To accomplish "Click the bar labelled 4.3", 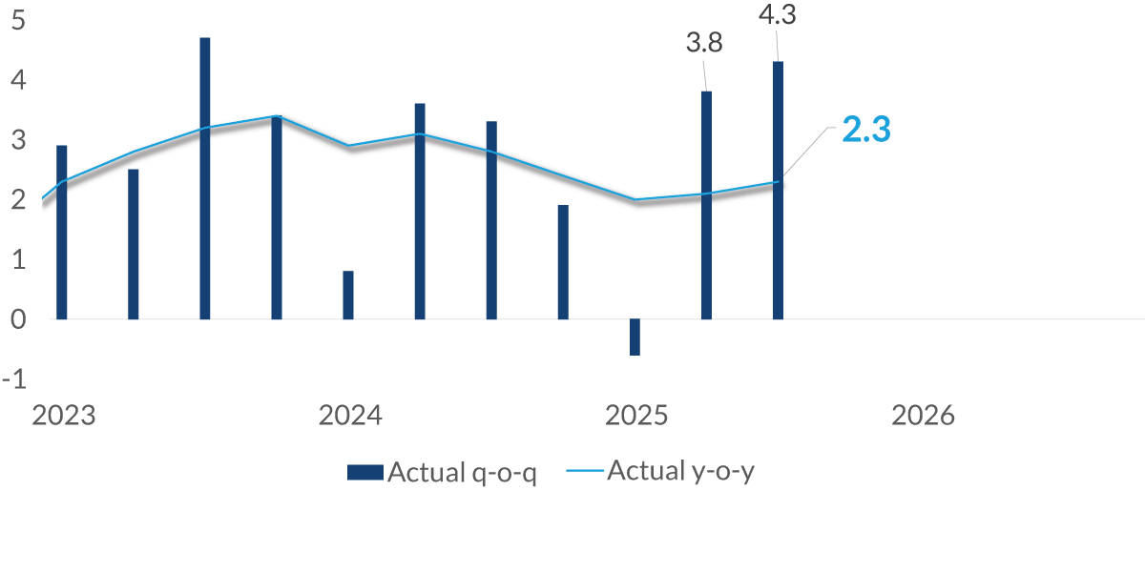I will pyautogui.click(x=778, y=191).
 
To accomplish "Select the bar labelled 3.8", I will pyautogui.click(x=706, y=205).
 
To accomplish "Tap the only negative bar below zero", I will pyautogui.click(x=635, y=337).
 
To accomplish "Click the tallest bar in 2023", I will pyautogui.click(x=205, y=178).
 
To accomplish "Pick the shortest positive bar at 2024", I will pyautogui.click(x=348, y=295).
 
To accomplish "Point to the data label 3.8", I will pyautogui.click(x=704, y=43).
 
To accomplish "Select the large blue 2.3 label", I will pyautogui.click(x=865, y=131).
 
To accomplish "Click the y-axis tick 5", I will pyautogui.click(x=17, y=20).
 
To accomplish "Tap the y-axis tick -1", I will pyautogui.click(x=14, y=379).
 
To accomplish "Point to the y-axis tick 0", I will pyautogui.click(x=17, y=319).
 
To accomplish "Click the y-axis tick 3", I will pyautogui.click(x=17, y=140).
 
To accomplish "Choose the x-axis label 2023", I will pyautogui.click(x=63, y=417).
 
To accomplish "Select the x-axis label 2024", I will pyautogui.click(x=349, y=417).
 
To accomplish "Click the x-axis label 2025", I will pyautogui.click(x=636, y=417).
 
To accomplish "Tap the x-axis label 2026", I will pyautogui.click(x=922, y=417).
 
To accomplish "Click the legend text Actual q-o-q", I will pyautogui.click(x=462, y=473).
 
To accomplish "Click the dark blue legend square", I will pyautogui.click(x=365, y=472).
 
